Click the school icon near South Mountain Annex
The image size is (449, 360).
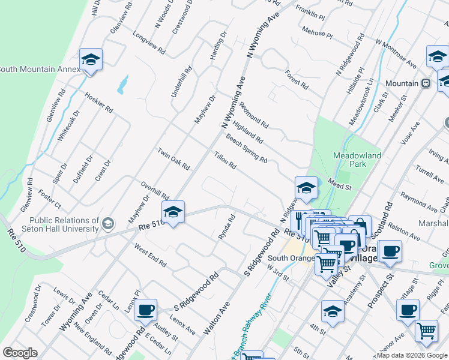coord(91,60)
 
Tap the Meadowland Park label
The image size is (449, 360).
coord(357,159)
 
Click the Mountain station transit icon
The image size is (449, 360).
coord(426,83)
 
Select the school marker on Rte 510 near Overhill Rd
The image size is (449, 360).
coord(173,212)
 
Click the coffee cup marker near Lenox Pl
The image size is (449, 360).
coord(145,310)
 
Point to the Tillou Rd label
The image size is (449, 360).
coord(224,160)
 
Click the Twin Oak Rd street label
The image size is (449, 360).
coord(173,158)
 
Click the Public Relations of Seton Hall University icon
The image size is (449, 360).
coord(108,224)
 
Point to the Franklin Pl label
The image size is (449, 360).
coord(310,12)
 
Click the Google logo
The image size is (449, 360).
coord(20,353)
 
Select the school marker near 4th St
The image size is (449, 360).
coord(333,311)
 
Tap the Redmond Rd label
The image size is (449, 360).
coord(253,114)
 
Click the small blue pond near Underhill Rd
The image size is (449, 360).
coord(123,85)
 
